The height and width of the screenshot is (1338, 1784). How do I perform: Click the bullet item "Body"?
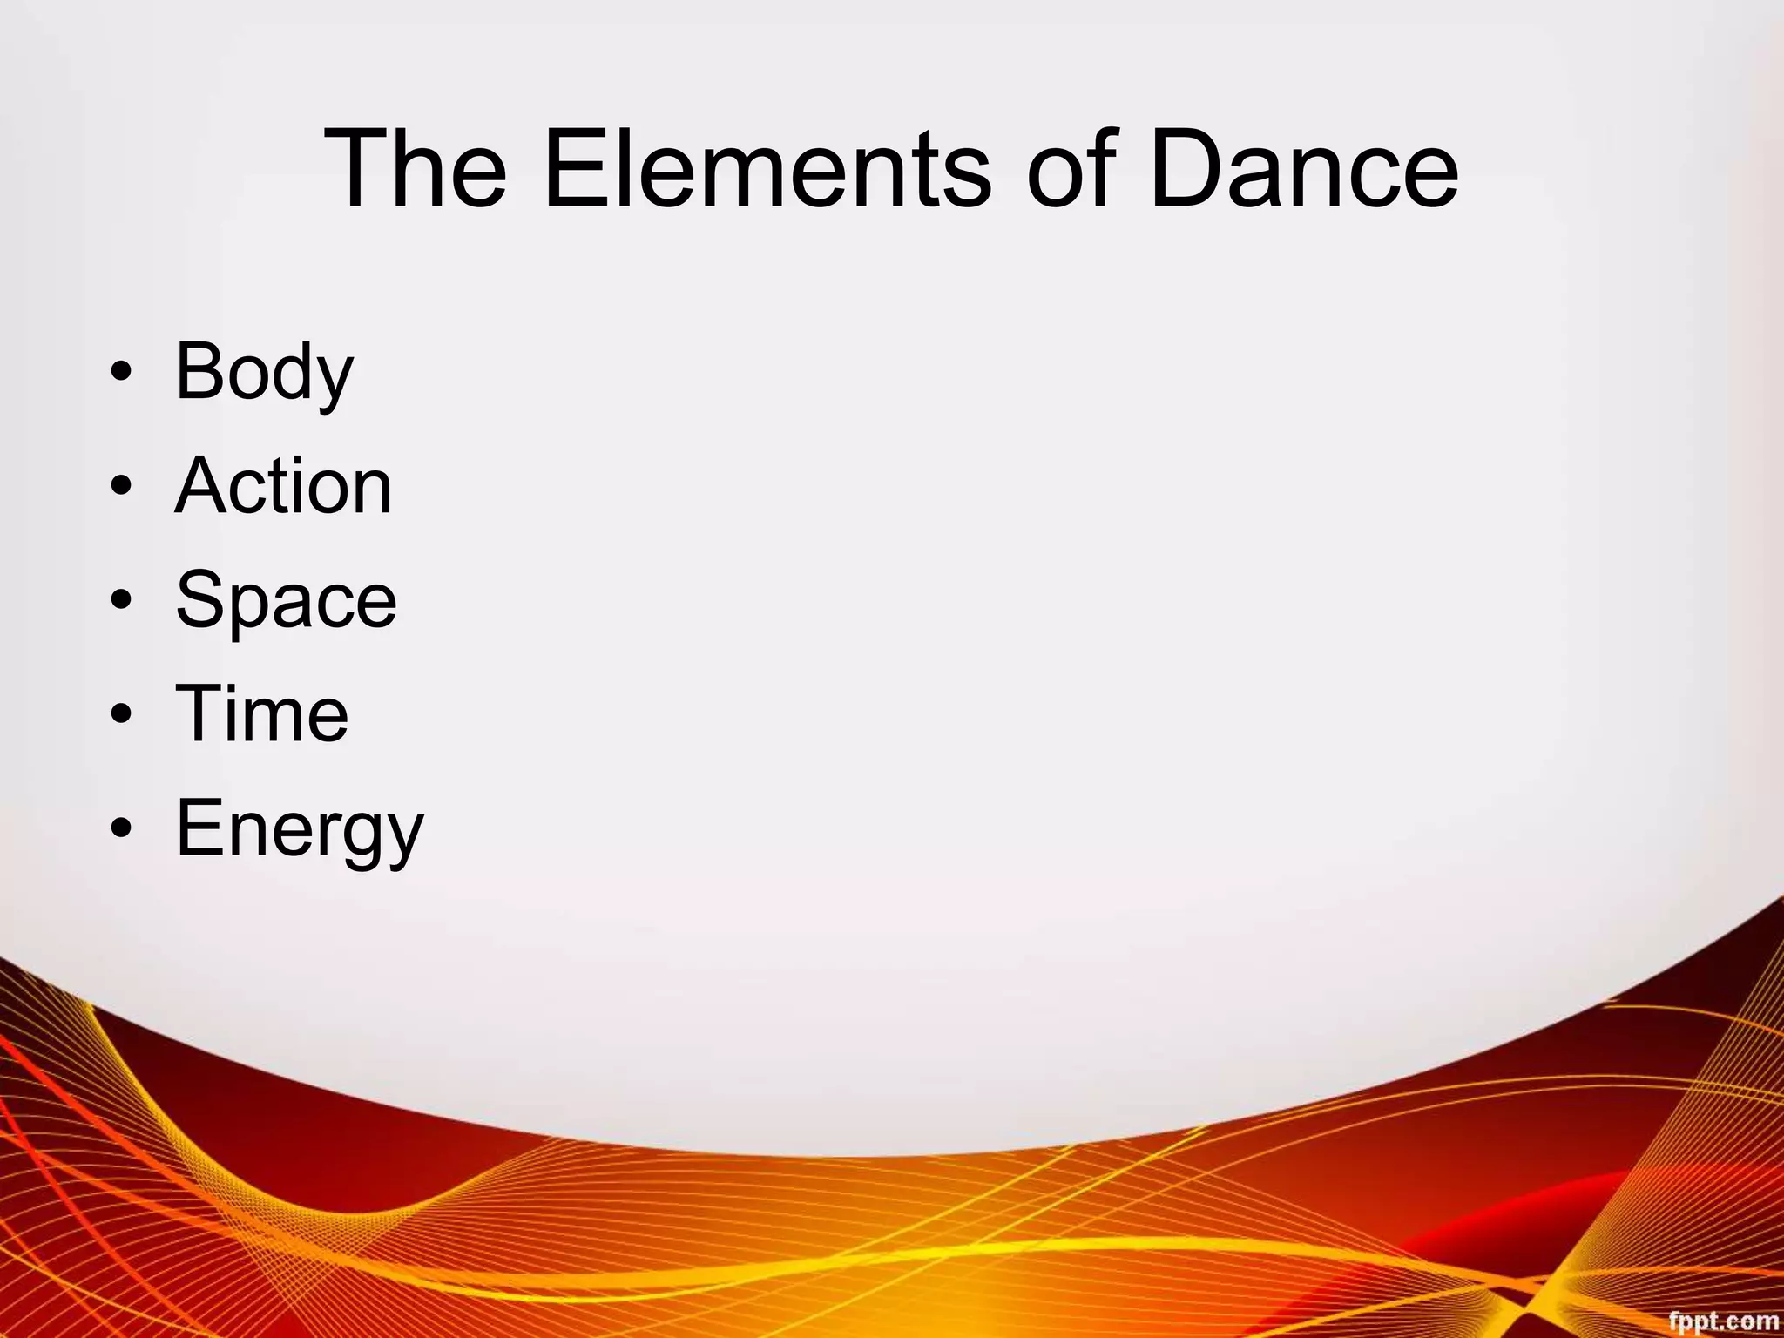click(264, 372)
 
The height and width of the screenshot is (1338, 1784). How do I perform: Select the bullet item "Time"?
click(261, 713)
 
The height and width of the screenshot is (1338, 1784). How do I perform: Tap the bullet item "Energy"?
click(299, 828)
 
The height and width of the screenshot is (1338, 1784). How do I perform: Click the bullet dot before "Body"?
click(122, 373)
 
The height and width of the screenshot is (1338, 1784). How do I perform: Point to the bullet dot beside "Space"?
click(122, 600)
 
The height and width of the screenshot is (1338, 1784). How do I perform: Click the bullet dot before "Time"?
click(122, 714)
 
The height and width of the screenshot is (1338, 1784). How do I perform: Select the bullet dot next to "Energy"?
click(122, 828)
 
